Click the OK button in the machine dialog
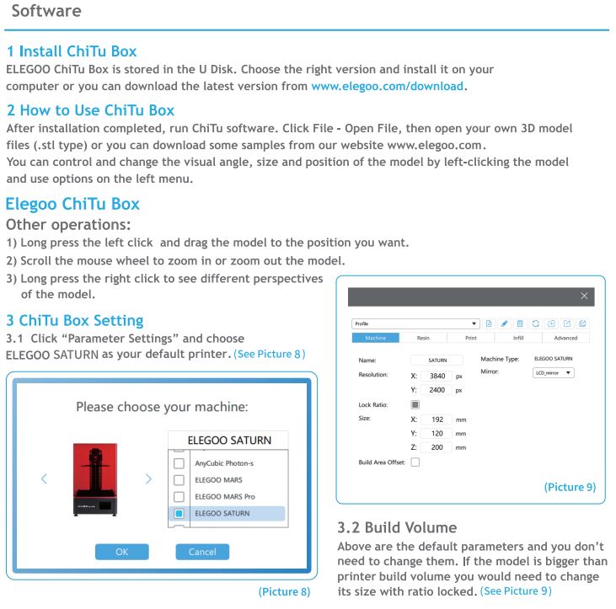tap(123, 552)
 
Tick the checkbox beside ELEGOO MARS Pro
tap(179, 496)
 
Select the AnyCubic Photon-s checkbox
tap(179, 463)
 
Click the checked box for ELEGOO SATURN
tap(179, 513)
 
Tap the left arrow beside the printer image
tap(44, 478)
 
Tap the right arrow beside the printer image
tap(148, 478)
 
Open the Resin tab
tap(423, 338)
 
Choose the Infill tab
tap(518, 338)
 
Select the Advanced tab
tap(565, 338)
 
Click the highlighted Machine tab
tap(375, 338)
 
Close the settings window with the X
tap(584, 296)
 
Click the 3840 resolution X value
tap(437, 376)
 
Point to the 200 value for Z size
tap(437, 447)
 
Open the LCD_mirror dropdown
tap(554, 372)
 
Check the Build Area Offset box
tap(415, 462)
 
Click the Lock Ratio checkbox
tap(415, 404)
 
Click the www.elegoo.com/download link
tap(388, 86)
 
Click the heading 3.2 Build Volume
tap(397, 528)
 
